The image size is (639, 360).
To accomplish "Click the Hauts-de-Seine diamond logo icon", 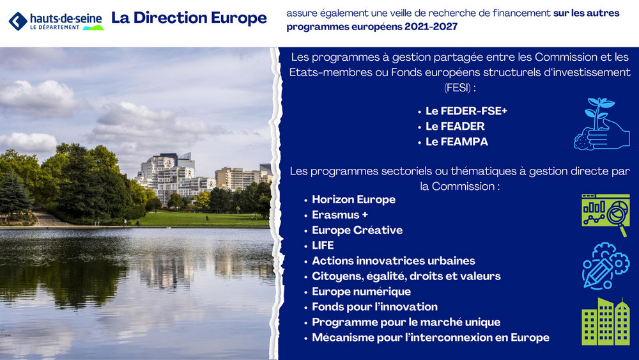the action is pyautogui.click(x=18, y=21).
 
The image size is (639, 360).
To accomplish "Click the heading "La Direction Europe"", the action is pyautogui.click(x=189, y=18).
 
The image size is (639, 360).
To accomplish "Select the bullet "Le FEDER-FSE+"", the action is pyautogui.click(x=466, y=111).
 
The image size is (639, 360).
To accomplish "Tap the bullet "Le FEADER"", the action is pyautogui.click(x=455, y=127).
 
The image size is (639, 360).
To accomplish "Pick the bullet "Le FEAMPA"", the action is pyautogui.click(x=457, y=142).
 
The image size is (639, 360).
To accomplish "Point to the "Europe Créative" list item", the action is pyautogui.click(x=357, y=230).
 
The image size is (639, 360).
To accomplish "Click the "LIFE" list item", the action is pyautogui.click(x=323, y=246).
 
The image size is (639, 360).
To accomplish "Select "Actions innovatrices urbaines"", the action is pyautogui.click(x=394, y=261).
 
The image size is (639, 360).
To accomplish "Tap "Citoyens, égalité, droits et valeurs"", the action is pyautogui.click(x=406, y=276).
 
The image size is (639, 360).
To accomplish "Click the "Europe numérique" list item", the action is pyautogui.click(x=362, y=292).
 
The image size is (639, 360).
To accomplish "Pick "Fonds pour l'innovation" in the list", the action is pyautogui.click(x=375, y=307).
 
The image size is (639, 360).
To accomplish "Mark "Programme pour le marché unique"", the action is pyautogui.click(x=406, y=322).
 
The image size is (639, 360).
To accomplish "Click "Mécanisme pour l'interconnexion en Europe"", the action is pyautogui.click(x=431, y=338).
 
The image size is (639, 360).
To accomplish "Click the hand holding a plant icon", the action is pyautogui.click(x=601, y=124).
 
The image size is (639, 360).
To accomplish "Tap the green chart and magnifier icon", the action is pyautogui.click(x=606, y=215).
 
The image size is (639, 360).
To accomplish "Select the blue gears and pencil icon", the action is pyautogui.click(x=606, y=266).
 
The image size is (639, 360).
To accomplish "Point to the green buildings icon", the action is pyautogui.click(x=606, y=322).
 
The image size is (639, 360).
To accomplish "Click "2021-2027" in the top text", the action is pyautogui.click(x=431, y=26).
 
